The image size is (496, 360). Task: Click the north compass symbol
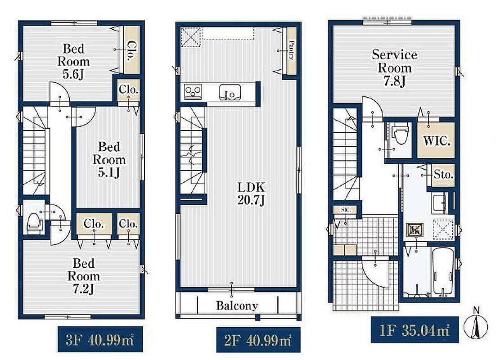[x=475, y=325]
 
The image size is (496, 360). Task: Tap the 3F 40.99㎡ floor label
[x=100, y=340]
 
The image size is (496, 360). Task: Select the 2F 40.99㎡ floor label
[x=258, y=340]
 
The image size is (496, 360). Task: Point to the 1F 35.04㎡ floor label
[x=415, y=330]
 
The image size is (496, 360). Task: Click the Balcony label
[x=237, y=306]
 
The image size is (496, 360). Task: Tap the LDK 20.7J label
[x=251, y=193]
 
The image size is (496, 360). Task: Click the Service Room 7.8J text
[x=394, y=67]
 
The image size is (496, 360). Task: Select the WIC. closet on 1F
[x=437, y=140]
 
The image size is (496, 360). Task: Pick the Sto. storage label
[x=443, y=174]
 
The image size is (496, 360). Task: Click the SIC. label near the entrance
[x=345, y=210]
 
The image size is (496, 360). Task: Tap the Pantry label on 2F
[x=291, y=50]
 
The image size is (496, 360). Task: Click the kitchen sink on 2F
[x=230, y=92]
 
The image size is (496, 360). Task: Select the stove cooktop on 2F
[x=193, y=91]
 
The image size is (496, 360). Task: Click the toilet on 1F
[x=400, y=135]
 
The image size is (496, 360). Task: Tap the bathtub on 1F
[x=443, y=271]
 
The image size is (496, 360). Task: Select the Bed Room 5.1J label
[x=109, y=160]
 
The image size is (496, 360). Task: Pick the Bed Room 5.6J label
[x=73, y=61]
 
